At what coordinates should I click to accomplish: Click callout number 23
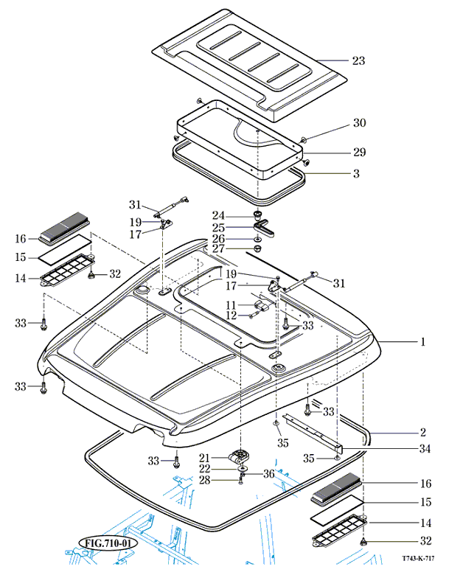(x=358, y=60)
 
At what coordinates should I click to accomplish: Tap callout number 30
(x=359, y=122)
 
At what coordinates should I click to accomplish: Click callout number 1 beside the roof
(x=423, y=342)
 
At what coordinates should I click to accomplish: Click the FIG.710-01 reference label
(x=107, y=544)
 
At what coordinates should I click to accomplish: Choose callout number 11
(x=231, y=304)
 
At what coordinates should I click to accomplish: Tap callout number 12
(x=231, y=316)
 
